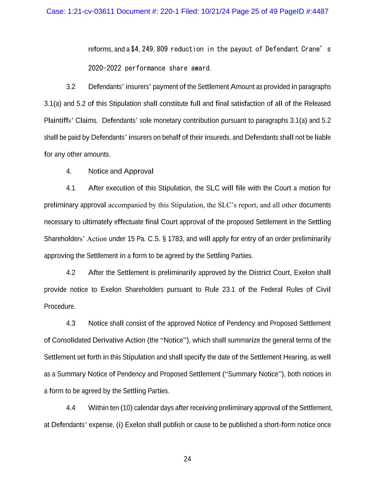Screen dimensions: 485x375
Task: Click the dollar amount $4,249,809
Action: pyautogui.click(x=149, y=49)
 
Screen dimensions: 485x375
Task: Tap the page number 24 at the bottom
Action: pyautogui.click(x=187, y=459)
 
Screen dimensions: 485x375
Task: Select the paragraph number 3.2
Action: pyautogui.click(x=70, y=87)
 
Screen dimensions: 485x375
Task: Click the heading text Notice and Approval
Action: pyautogui.click(x=121, y=171)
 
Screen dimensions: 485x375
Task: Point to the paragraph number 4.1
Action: pyautogui.click(x=70, y=188)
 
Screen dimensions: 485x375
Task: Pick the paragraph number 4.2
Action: pyautogui.click(x=70, y=273)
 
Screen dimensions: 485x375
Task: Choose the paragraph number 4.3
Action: pyautogui.click(x=70, y=323)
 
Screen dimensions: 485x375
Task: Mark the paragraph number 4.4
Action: pyautogui.click(x=70, y=408)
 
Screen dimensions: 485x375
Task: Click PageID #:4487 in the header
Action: pyautogui.click(x=304, y=11)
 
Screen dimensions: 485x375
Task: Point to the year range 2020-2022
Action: pyautogui.click(x=105, y=68)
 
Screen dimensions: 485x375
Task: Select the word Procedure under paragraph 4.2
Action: pyautogui.click(x=60, y=306)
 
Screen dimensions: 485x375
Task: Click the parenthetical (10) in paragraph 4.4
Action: pyautogui.click(x=127, y=408)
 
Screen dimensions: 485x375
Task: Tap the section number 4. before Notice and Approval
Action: pyautogui.click(x=69, y=171)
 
